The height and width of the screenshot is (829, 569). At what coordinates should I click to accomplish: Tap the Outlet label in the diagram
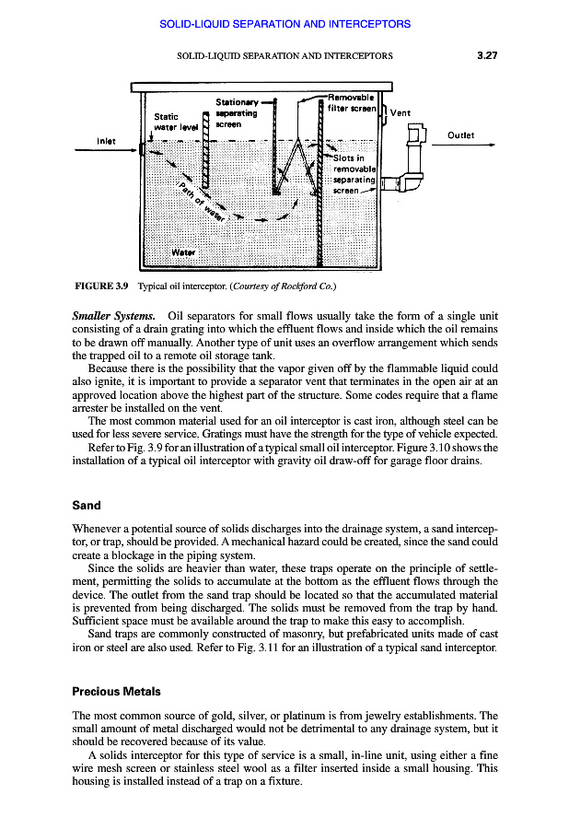(460, 134)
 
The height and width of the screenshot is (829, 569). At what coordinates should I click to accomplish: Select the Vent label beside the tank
(401, 113)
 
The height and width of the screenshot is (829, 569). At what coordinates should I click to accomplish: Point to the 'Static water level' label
(175, 122)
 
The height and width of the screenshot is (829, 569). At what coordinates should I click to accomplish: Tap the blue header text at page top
(284, 22)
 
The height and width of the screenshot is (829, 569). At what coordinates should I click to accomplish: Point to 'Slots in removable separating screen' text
(355, 181)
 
